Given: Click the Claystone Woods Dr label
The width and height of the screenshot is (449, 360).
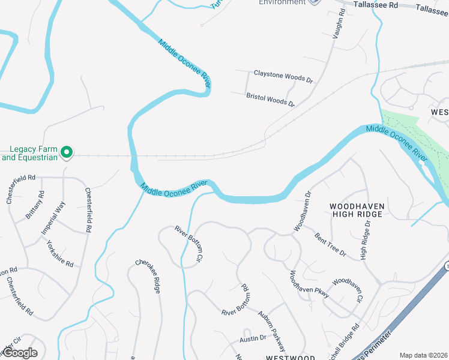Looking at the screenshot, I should tap(283, 76).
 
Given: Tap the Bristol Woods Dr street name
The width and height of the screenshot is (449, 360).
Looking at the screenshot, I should tap(270, 100).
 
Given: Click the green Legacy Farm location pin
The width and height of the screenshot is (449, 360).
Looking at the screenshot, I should tap(68, 153).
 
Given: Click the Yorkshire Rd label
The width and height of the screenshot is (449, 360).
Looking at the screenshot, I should tap(59, 254).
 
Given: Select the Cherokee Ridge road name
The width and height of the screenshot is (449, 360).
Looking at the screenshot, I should tap(148, 276).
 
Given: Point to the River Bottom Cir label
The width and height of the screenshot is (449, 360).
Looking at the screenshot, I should tap(187, 245).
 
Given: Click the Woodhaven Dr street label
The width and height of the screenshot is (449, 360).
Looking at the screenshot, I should tap(302, 211).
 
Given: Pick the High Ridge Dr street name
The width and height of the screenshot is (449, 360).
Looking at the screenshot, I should tap(364, 239).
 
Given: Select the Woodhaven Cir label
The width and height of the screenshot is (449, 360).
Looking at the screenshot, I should tap(348, 289).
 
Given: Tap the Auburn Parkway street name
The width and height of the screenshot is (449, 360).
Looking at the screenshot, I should tap(271, 331).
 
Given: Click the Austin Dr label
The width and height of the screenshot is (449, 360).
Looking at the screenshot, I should tap(252, 339).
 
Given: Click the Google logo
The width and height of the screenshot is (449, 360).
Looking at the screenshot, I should tap(19, 353).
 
